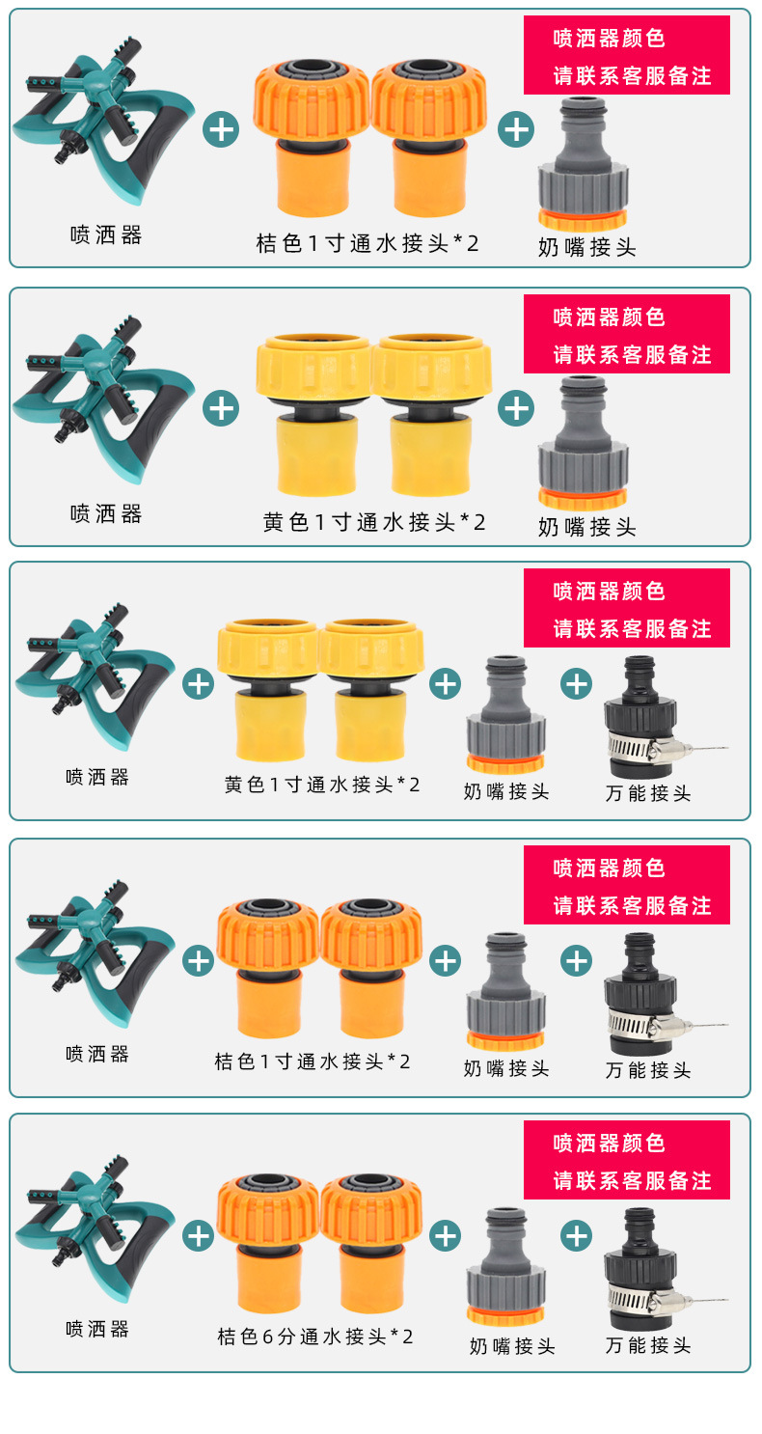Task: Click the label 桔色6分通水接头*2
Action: pos(315,1337)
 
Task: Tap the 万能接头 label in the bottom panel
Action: pos(648,1344)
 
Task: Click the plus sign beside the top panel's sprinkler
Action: pos(221,128)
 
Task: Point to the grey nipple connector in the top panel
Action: pos(583,164)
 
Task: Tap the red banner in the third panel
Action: pos(626,608)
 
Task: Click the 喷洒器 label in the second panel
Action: pos(106,513)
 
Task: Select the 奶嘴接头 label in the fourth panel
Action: pos(506,1068)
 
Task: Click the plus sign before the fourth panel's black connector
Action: pos(576,960)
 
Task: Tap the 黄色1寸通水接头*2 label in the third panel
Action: pos(322,785)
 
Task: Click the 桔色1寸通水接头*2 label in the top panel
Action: pos(367,243)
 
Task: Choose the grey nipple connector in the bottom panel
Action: pos(504,1266)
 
